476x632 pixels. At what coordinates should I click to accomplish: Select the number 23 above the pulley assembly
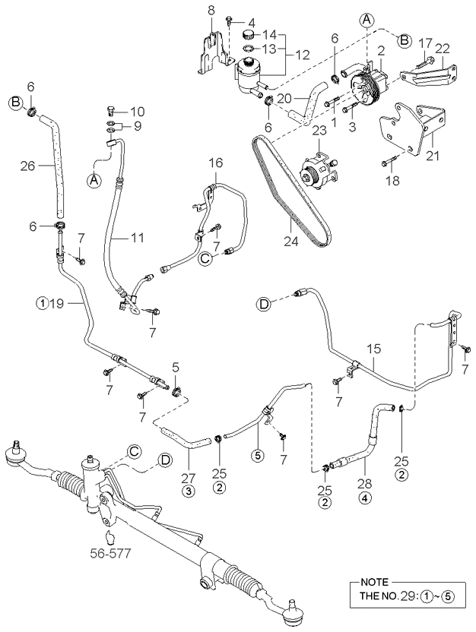coord(319,131)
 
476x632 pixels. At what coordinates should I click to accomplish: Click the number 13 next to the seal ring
coord(270,49)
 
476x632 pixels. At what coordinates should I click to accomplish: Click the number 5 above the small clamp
coord(176,368)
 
